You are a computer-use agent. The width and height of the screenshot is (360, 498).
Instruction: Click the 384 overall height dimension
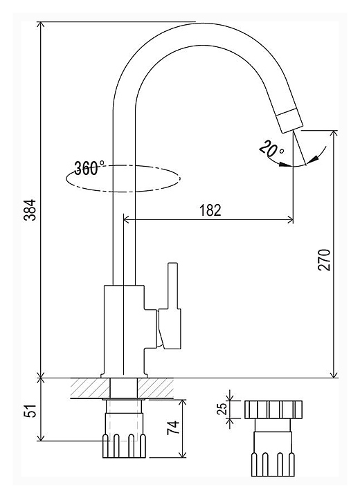[x=30, y=210]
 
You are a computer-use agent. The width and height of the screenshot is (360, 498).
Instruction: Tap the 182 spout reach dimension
[x=210, y=210]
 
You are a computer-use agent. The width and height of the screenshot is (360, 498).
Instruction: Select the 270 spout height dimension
[x=325, y=260]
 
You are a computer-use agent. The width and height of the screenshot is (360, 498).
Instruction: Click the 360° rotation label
[x=89, y=168]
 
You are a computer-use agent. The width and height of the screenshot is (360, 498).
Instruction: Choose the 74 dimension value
[x=173, y=428]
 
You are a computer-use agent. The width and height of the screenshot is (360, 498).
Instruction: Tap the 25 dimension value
[x=224, y=409]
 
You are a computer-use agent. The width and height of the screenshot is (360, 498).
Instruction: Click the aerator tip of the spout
[x=289, y=120]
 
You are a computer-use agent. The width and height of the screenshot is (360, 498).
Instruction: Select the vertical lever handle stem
[x=173, y=285]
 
